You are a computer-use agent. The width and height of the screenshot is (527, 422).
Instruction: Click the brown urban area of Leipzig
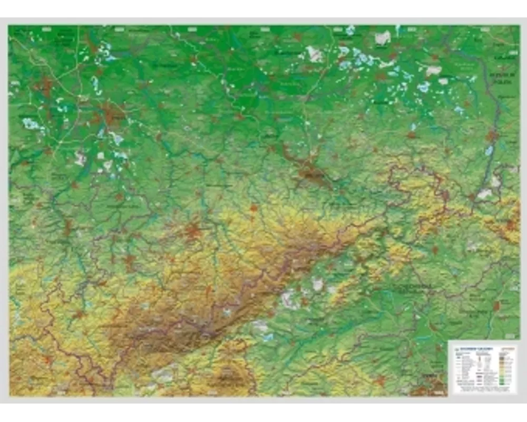click(x=112, y=113)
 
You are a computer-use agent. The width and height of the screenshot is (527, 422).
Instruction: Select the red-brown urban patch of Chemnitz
click(x=193, y=231)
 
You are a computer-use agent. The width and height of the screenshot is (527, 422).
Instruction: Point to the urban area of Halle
click(x=46, y=84)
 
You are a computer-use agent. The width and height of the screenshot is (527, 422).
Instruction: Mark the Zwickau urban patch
click(x=130, y=261)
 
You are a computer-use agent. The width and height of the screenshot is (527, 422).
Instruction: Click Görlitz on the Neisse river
click(x=493, y=136)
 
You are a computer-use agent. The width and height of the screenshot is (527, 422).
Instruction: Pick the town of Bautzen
click(x=412, y=135)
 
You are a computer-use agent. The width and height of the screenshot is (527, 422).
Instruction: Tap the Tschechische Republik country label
click(x=411, y=287)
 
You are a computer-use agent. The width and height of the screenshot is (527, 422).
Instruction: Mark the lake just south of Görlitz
click(x=490, y=150)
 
